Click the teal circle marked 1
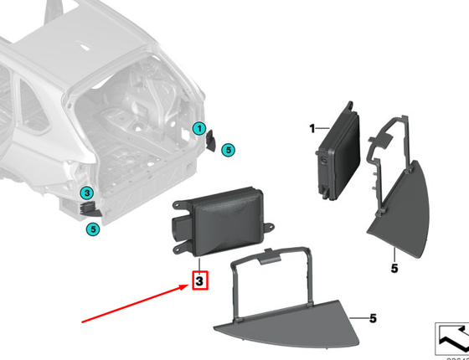point(198,128)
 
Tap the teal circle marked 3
point(87,194)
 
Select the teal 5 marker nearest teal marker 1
point(229,149)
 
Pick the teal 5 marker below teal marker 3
point(94,226)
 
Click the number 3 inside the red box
point(199,282)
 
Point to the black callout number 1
point(311,129)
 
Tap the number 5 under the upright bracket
point(394,267)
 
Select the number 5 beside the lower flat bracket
point(373,318)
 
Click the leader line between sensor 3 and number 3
point(199,263)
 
